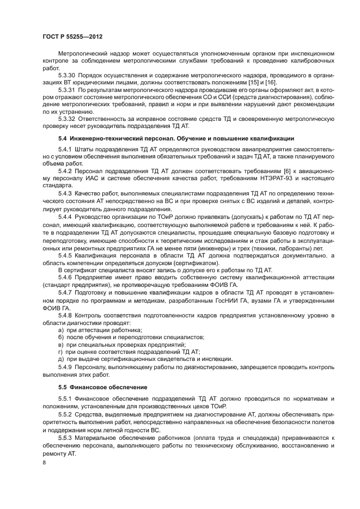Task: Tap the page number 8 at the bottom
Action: point(45,463)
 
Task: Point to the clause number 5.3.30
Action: point(68,74)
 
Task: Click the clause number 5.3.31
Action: point(68,89)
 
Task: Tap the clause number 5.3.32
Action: point(68,118)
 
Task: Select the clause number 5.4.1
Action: point(65,148)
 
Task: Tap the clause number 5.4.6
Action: point(65,277)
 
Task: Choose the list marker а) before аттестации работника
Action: point(62,329)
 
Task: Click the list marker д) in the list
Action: point(62,359)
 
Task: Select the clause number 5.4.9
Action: point(65,366)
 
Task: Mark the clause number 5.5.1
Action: point(65,399)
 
